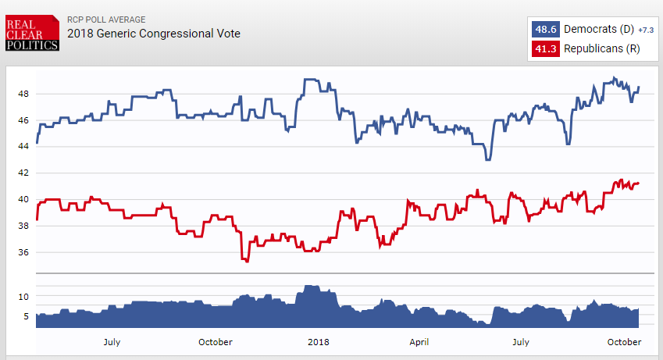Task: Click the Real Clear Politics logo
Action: [31, 34]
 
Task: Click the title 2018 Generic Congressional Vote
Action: [154, 34]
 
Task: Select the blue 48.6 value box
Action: [545, 30]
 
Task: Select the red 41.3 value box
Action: [545, 48]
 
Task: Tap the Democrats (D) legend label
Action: [598, 30]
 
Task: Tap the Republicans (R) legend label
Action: [602, 48]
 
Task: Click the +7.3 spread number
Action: [645, 30]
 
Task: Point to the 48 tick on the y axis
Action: [23, 94]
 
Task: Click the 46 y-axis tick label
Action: [23, 120]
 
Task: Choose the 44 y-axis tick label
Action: [23, 147]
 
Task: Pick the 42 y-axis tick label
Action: [23, 173]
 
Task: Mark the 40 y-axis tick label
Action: [23, 199]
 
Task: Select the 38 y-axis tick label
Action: [23, 226]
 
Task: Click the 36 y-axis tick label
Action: [23, 252]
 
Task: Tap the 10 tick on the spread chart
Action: [23, 297]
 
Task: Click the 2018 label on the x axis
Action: [319, 342]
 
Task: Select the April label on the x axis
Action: [419, 342]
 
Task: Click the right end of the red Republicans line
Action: [639, 184]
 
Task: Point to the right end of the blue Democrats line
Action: [639, 87]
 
